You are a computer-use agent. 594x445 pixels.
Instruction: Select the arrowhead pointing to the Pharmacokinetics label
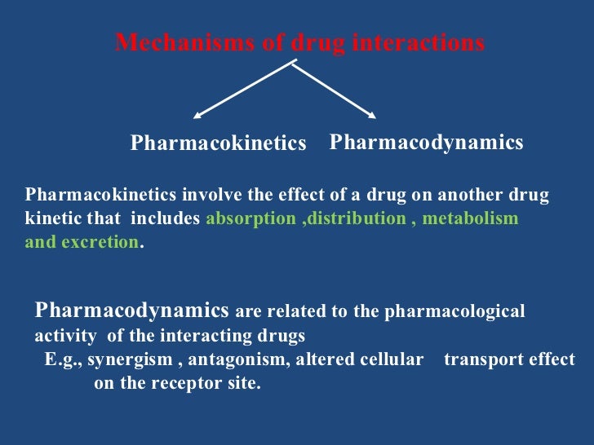[x=198, y=115]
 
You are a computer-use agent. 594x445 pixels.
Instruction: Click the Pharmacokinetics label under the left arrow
[x=218, y=143]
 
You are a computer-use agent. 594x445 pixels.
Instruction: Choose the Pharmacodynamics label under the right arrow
[x=426, y=143]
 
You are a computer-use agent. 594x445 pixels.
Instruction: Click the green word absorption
[x=252, y=219]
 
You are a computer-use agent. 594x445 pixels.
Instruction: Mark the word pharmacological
[x=465, y=311]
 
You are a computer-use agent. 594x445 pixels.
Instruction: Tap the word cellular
[x=392, y=359]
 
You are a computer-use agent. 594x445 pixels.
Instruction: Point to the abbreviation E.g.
[x=61, y=359]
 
